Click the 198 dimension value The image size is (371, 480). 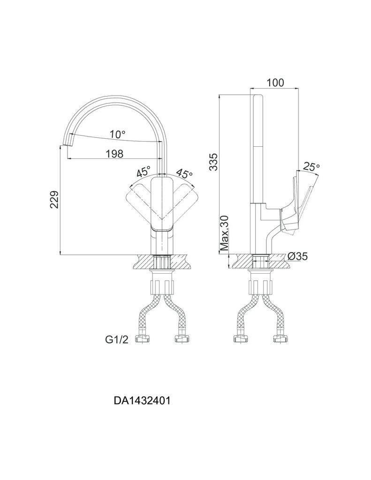click(114, 153)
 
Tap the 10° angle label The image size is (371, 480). click(117, 135)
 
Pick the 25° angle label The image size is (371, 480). click(311, 166)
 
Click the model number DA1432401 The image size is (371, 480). click(142, 401)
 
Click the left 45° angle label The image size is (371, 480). click(144, 172)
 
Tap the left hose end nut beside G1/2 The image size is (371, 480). click(142, 338)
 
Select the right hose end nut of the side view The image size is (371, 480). click(280, 338)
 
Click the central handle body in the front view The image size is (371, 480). click(162, 204)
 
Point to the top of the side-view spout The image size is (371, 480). click(257, 97)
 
